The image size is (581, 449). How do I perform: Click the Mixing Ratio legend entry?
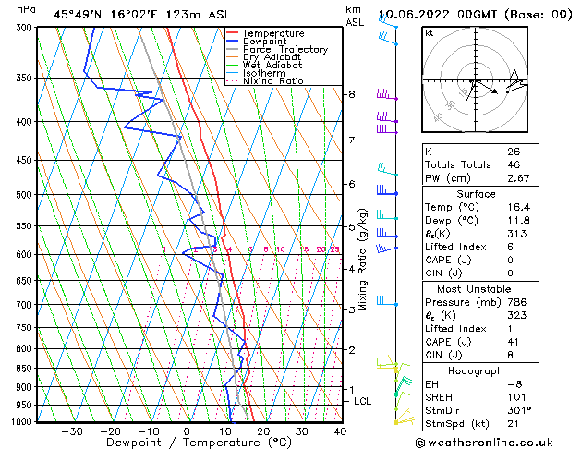[272, 81]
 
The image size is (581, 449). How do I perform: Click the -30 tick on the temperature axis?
[72, 431]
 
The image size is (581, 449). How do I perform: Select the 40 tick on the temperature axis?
[340, 431]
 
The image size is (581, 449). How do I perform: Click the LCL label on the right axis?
[363, 401]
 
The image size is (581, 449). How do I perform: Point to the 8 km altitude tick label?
[352, 94]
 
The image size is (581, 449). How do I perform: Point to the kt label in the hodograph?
[430, 32]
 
